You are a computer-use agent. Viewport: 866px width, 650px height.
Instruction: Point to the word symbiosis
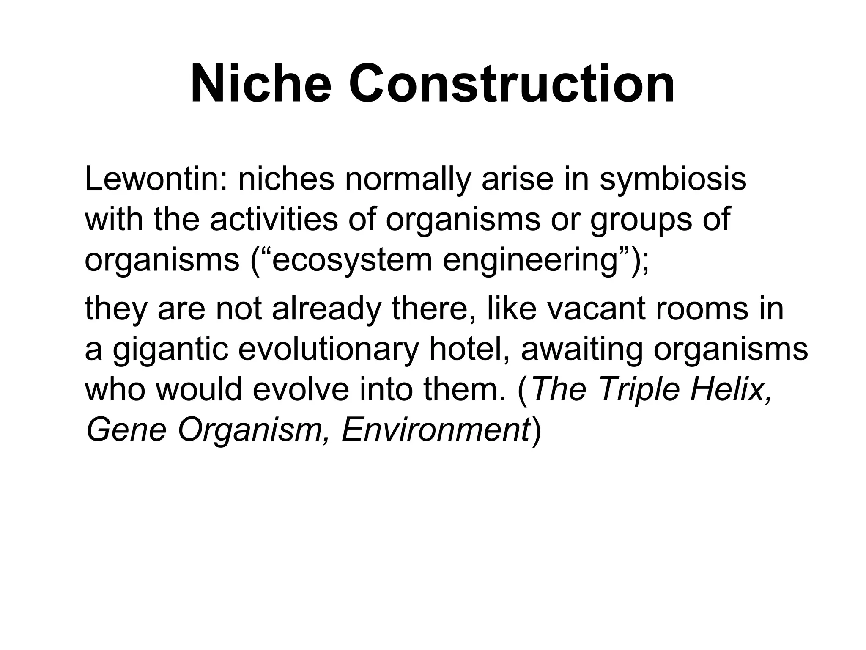click(673, 180)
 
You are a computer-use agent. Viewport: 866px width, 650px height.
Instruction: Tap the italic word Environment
click(436, 430)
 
